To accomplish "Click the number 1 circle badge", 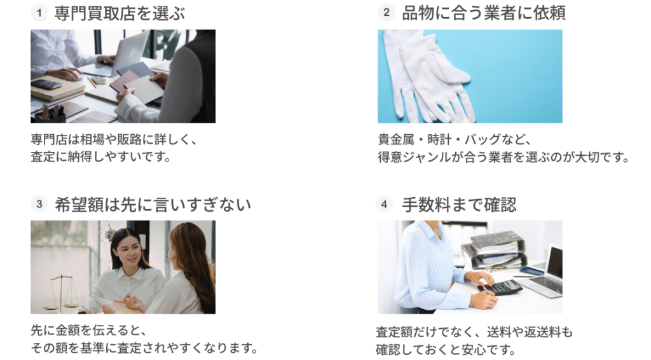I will coord(39,13).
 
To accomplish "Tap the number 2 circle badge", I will coord(386,13).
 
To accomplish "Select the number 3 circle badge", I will coord(39,204).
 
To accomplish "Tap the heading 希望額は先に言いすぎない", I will coord(153,205).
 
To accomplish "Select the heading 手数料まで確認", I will coord(459,205).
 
